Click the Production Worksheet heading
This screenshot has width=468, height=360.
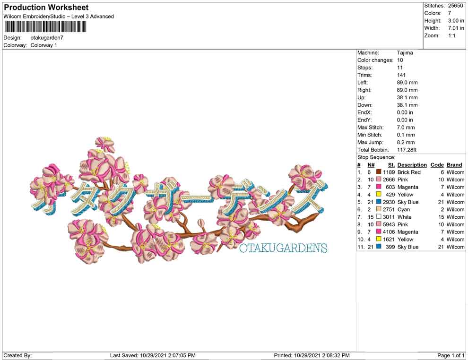pos(46,8)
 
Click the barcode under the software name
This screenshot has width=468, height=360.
pos(45,27)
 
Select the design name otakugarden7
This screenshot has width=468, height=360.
pos(47,38)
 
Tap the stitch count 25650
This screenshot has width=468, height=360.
pos(455,6)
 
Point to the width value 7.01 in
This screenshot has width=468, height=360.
pos(456,28)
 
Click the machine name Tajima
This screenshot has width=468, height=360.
pos(405,53)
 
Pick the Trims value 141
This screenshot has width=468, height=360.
pos(401,75)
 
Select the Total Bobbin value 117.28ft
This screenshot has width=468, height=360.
pos(407,150)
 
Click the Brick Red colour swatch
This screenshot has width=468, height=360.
pos(379,172)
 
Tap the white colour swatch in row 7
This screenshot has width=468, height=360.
pos(379,216)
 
